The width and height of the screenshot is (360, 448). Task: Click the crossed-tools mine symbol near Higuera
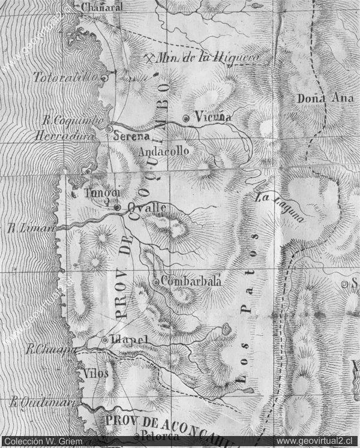(150, 58)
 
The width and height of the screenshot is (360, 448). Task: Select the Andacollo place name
(163, 151)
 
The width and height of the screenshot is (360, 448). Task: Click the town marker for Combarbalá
(156, 282)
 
